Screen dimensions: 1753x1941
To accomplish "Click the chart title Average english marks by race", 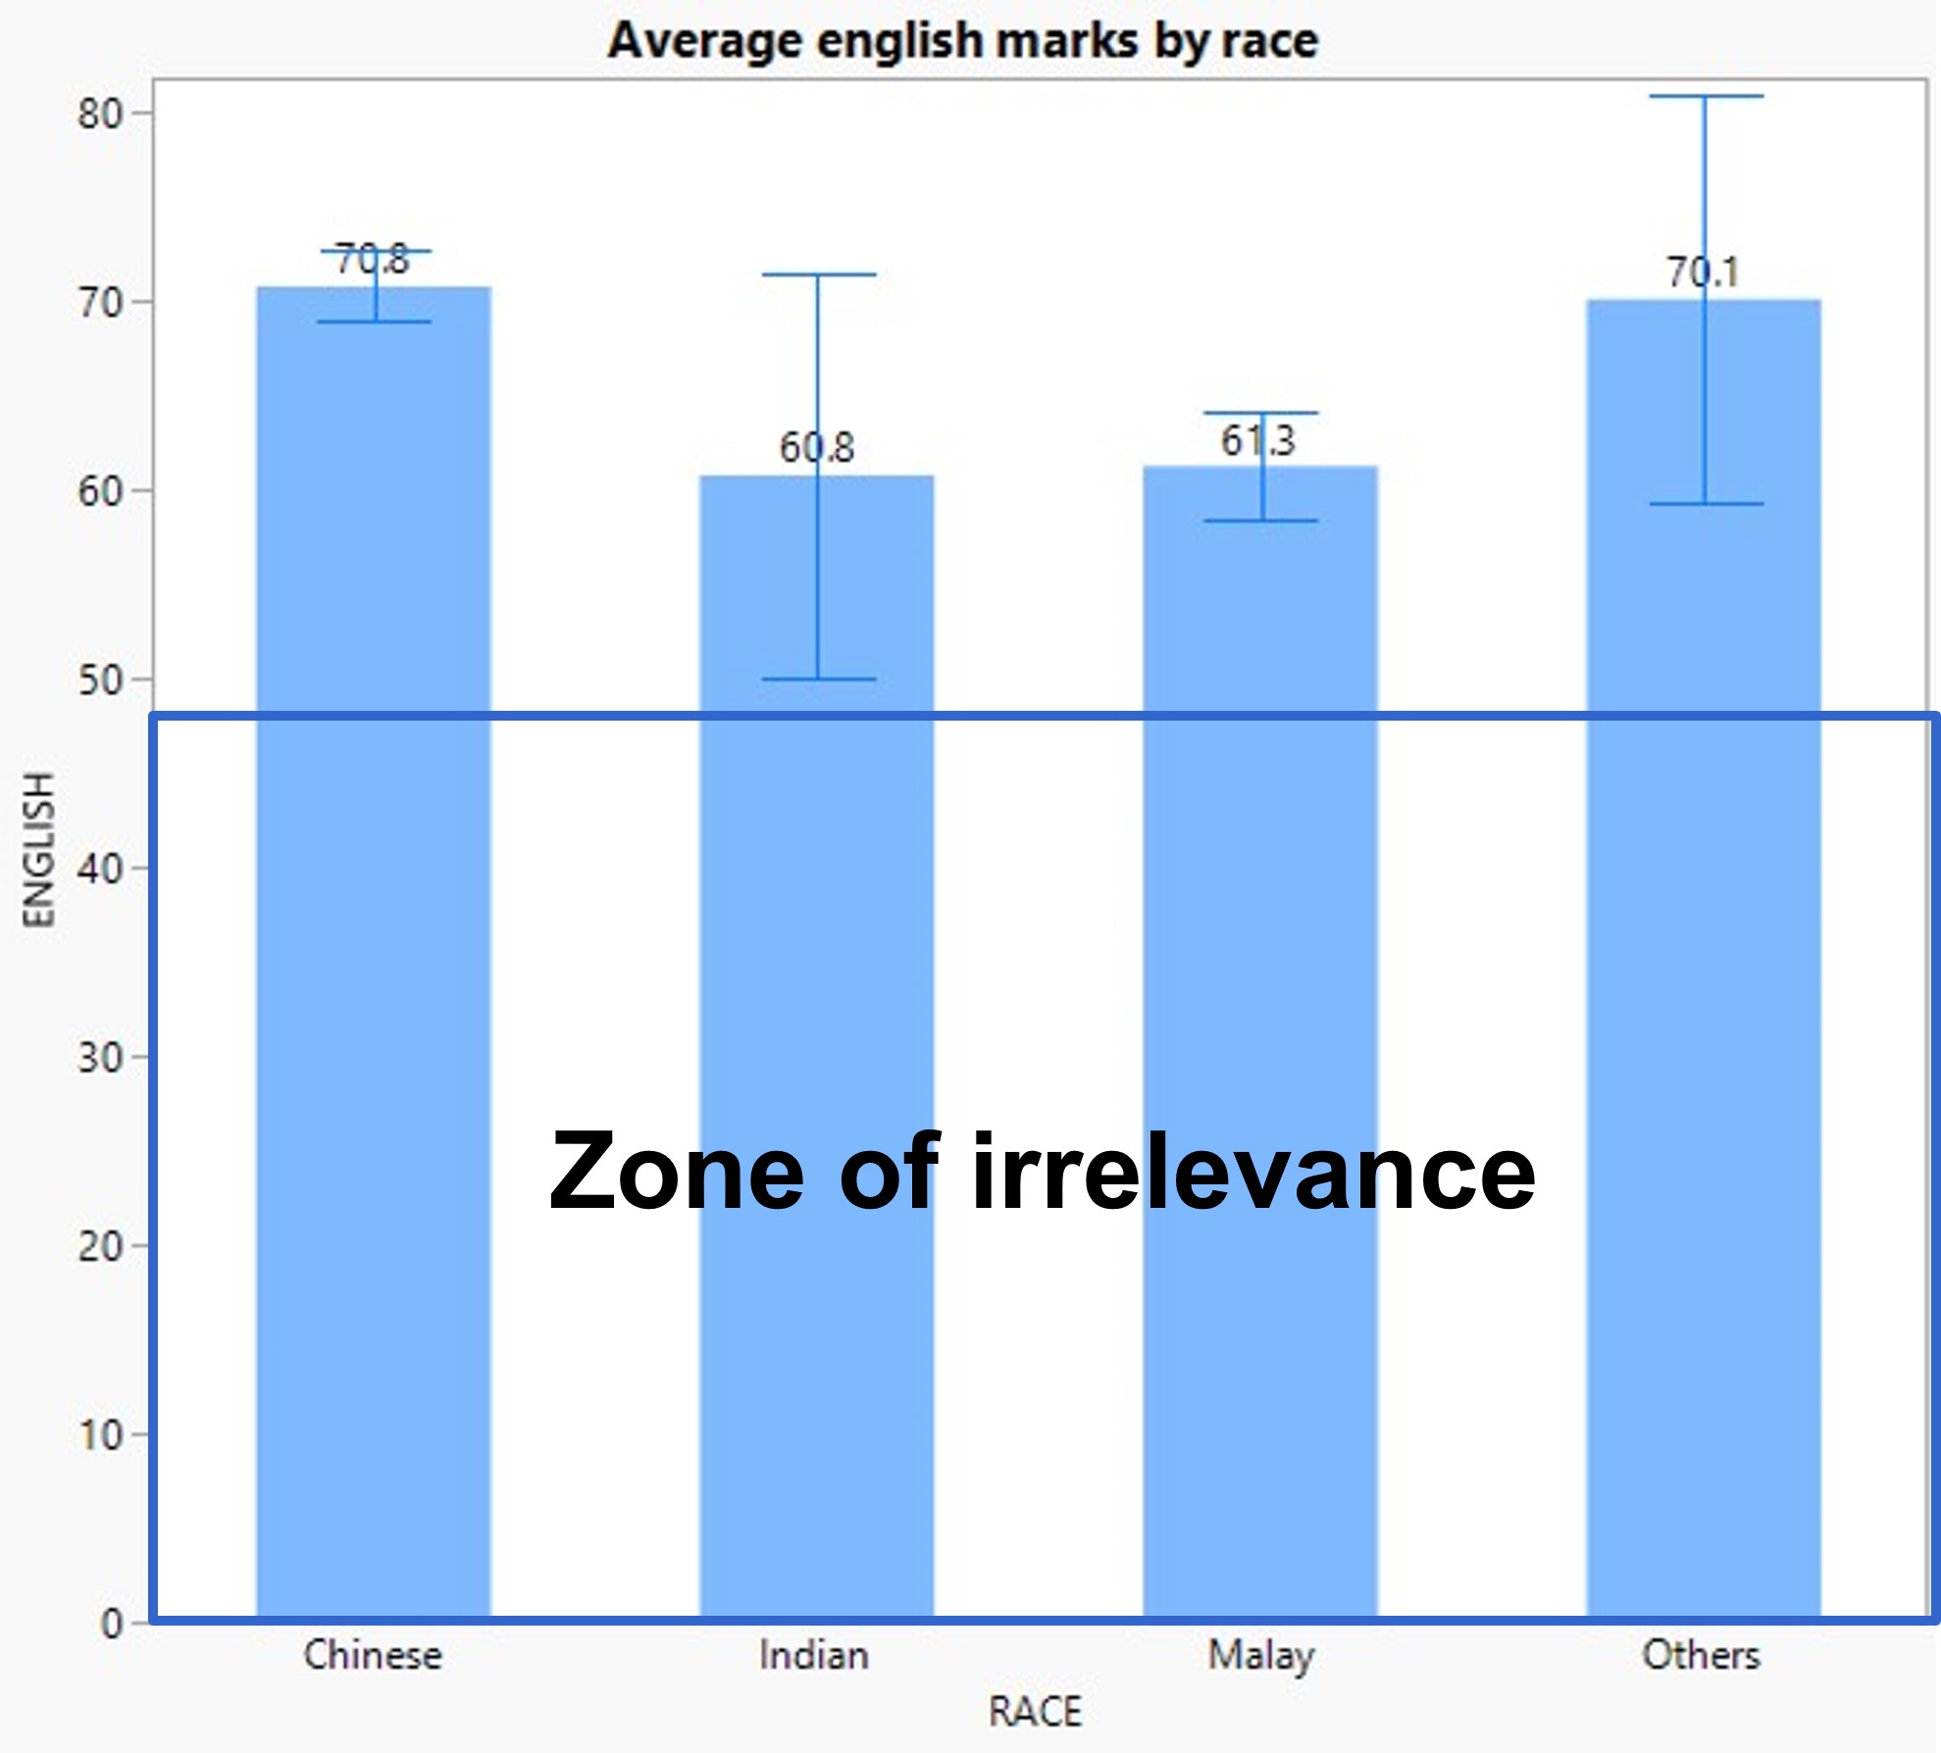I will (x=962, y=41).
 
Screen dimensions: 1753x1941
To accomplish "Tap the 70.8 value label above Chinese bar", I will (x=372, y=261).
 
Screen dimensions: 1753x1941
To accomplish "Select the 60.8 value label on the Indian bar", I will (x=817, y=448).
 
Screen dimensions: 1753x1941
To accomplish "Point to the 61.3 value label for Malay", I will (x=1257, y=441).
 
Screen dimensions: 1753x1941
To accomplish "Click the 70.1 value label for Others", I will (x=1703, y=273).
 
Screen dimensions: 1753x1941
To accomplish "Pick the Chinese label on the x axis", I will (x=373, y=1656).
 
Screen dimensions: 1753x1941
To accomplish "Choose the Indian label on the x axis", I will (x=814, y=1656).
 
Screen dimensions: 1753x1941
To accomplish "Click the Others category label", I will (x=1701, y=1656).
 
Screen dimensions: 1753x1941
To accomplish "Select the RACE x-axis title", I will (x=1035, y=1712).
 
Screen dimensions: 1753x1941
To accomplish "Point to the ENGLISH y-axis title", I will (x=39, y=849).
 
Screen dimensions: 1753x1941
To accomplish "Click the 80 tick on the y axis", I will (x=100, y=115).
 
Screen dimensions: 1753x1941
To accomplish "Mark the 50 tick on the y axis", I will (x=100, y=680).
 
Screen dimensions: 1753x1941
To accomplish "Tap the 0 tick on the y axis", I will (x=112, y=1624).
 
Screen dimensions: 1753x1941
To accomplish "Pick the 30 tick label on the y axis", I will (x=100, y=1058).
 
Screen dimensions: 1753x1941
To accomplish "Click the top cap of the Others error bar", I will (x=1706, y=96).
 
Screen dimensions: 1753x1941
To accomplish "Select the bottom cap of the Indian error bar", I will (x=818, y=678).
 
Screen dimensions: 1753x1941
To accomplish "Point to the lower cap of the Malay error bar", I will (x=1261, y=521).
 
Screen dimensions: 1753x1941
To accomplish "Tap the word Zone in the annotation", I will (x=677, y=1172).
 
